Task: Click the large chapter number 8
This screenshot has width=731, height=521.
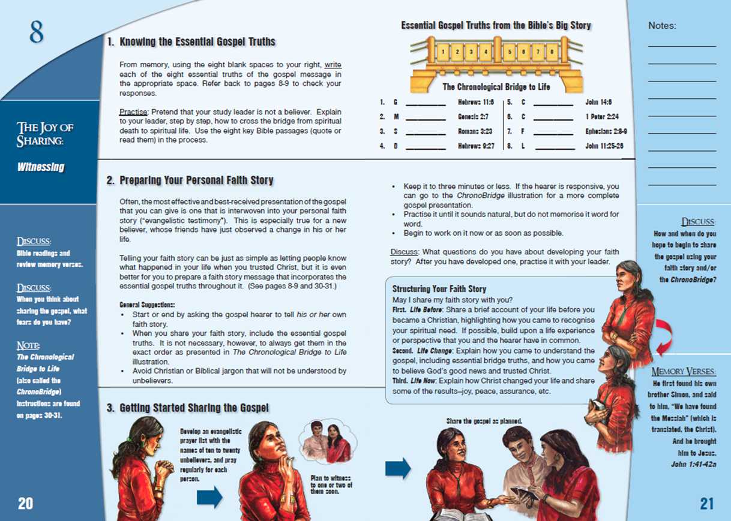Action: click(37, 32)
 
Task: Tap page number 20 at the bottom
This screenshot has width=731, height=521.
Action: click(26, 503)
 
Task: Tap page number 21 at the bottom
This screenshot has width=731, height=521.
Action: click(706, 503)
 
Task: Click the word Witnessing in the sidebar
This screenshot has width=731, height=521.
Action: click(41, 167)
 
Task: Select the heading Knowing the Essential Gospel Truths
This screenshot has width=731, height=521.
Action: click(191, 42)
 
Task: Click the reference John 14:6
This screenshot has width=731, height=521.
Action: click(599, 103)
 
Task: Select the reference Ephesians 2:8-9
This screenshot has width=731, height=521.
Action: click(606, 131)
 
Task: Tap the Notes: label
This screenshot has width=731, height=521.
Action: click(662, 26)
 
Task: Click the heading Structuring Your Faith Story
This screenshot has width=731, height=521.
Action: click(439, 289)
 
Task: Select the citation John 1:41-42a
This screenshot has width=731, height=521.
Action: click(694, 463)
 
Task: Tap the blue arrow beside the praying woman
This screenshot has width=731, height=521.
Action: click(209, 496)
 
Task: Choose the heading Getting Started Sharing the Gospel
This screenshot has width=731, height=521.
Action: click(188, 408)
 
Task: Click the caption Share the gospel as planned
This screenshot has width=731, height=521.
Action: click(484, 421)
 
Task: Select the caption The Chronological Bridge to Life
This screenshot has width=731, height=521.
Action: click(496, 88)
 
